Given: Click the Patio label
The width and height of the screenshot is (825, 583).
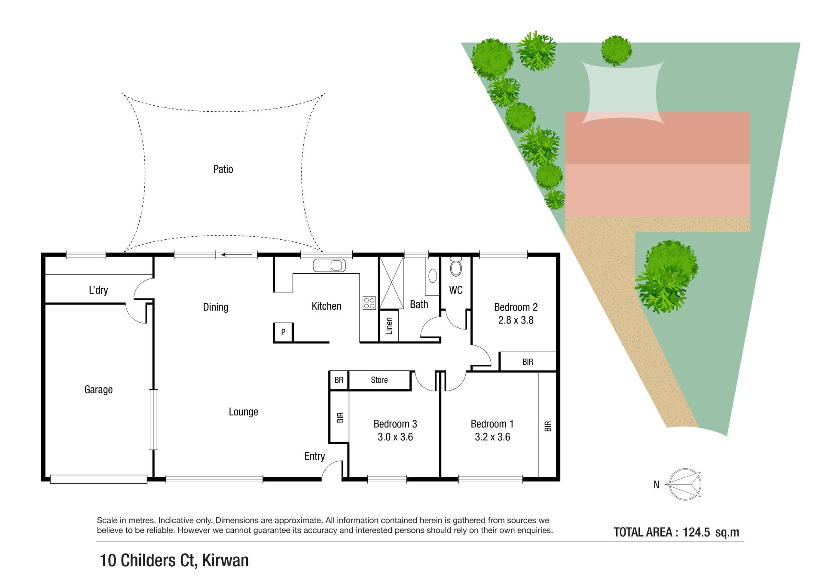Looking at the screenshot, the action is coord(223,169).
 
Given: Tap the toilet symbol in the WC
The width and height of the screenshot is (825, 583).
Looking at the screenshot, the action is coord(456,266).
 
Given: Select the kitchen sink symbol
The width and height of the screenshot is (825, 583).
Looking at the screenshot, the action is coord(330,266).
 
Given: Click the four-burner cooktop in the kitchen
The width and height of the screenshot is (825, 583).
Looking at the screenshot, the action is coord(370,303).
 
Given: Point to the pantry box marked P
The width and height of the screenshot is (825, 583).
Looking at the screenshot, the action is coord(283,332).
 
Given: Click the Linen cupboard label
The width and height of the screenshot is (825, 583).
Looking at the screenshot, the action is coord(389,326).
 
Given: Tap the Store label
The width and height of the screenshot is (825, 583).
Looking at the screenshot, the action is coord(379,380).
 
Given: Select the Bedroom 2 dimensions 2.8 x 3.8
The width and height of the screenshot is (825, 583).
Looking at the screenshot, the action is coord(516,320).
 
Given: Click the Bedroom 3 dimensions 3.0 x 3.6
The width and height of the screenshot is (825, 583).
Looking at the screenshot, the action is coord(395,437).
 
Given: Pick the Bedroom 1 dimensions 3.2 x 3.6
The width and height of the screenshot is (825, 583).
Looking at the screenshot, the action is coord(492,437).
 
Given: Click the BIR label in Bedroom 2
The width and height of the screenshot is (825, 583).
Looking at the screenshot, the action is coord(528,362).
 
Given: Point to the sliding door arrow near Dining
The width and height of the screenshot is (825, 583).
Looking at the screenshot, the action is coord(237,255).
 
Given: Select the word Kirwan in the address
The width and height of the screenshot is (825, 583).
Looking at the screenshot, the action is coord(225,561).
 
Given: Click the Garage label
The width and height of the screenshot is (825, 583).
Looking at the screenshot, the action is coord(98,390).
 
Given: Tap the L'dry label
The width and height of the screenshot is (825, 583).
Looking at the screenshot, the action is coord(98,290).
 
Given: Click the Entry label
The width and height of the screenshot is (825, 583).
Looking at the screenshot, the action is coord(315,457).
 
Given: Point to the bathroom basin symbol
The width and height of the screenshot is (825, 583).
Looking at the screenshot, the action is coord(433,275).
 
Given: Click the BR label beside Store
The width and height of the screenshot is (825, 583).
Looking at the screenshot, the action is coord(339,380).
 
